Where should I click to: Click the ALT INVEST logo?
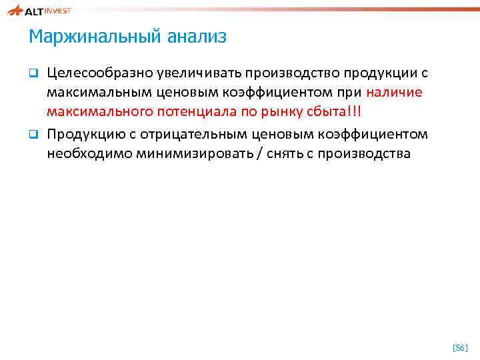tap(40, 11)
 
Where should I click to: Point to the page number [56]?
tap(460, 348)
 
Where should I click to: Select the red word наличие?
tap(394, 93)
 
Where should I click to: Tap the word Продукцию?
tap(83, 135)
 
